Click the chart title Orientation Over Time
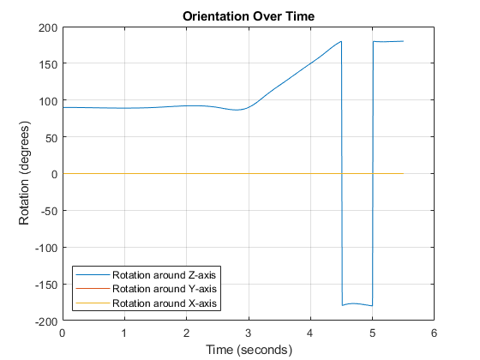pyautogui.click(x=248, y=15)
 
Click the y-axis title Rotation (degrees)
pyautogui.click(x=24, y=174)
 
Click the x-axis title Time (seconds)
pyautogui.click(x=248, y=350)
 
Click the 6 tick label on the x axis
pyautogui.click(x=434, y=333)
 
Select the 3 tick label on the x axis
pyautogui.click(x=249, y=333)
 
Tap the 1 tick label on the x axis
pyautogui.click(x=124, y=333)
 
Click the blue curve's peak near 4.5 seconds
pyautogui.click(x=341, y=41)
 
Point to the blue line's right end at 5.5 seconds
pyautogui.click(x=403, y=41)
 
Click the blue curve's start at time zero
pyautogui.click(x=63, y=107)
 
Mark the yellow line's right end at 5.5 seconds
pyautogui.click(x=403, y=173)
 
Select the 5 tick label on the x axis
pyautogui.click(x=372, y=333)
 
